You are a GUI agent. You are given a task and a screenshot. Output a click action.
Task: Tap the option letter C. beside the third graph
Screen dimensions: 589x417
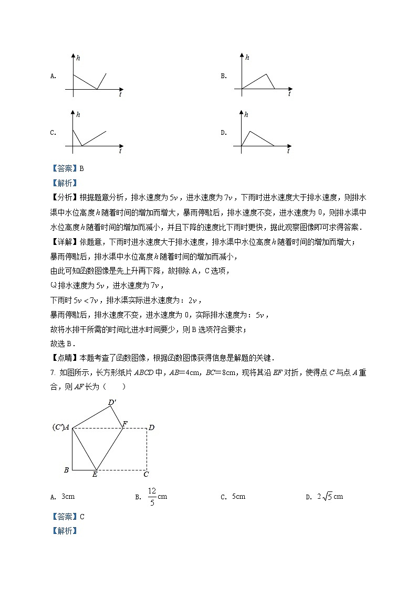(x=53, y=133)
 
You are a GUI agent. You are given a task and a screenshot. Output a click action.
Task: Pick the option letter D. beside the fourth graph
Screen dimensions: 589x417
(x=223, y=133)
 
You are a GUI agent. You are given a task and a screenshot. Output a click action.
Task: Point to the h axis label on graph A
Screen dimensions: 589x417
(x=78, y=57)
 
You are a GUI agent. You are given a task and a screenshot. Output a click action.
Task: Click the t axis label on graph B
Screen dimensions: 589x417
(x=289, y=94)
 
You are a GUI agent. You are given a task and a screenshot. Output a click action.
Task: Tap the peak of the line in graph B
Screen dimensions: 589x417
(x=267, y=74)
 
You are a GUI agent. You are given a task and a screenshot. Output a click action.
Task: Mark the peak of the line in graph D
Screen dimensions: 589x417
(x=250, y=131)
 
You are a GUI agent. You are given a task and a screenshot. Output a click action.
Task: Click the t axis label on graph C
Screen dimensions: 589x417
(x=120, y=151)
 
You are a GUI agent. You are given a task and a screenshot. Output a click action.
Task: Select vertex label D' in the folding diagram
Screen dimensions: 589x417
(x=112, y=403)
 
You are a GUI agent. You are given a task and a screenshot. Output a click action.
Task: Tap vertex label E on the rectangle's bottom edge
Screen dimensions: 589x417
(x=95, y=475)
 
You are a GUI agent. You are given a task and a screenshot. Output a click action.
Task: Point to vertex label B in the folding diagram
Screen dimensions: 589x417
(x=66, y=470)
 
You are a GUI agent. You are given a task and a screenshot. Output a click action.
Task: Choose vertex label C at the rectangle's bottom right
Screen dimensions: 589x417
(x=146, y=475)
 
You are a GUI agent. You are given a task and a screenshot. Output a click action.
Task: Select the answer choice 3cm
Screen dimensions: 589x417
(x=68, y=497)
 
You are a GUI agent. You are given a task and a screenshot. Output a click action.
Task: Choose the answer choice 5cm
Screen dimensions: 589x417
(x=238, y=497)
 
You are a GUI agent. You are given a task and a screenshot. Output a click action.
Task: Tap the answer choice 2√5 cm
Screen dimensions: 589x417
(x=330, y=497)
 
